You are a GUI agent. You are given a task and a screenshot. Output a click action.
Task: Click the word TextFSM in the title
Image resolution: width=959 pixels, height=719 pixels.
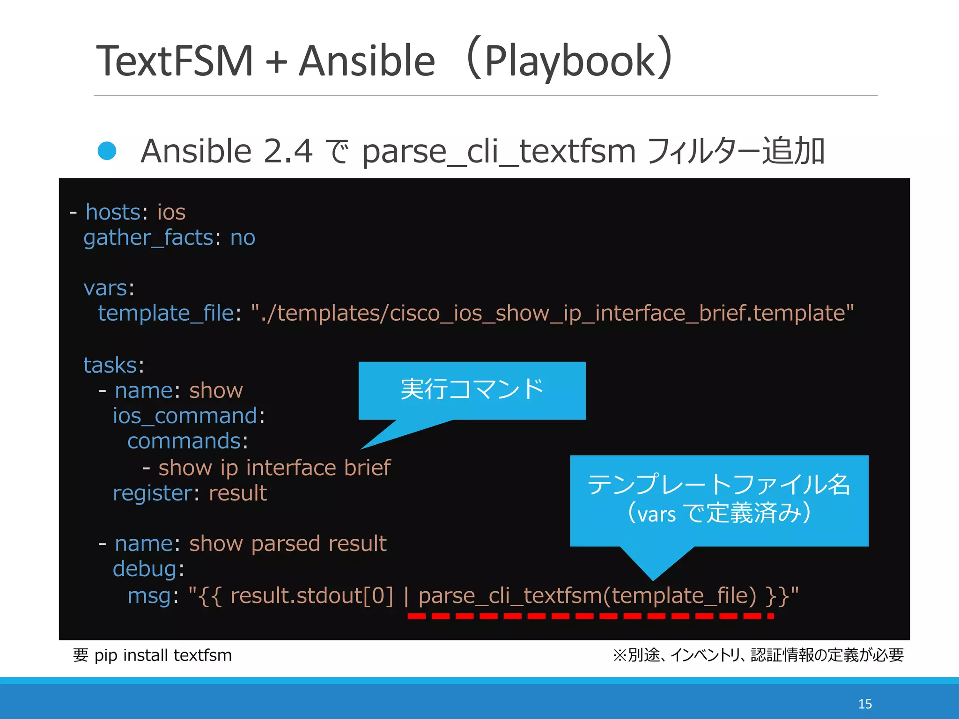click(x=174, y=61)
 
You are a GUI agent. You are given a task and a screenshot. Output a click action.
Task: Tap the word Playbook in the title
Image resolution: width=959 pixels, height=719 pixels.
click(x=569, y=61)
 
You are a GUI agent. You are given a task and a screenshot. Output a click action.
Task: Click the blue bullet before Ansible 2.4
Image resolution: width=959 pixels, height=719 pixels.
click(x=107, y=151)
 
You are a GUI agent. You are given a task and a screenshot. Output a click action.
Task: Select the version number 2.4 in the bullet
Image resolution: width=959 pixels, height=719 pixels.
click(x=288, y=151)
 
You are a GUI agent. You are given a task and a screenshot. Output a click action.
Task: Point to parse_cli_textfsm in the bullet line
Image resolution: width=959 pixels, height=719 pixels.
click(x=498, y=152)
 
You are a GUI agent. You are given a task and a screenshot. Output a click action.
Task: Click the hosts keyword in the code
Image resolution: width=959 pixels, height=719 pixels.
click(x=113, y=213)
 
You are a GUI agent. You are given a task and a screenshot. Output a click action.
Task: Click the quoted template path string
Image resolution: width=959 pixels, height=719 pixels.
click(x=552, y=313)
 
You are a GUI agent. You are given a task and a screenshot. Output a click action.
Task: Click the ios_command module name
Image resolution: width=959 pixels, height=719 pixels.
click(x=184, y=416)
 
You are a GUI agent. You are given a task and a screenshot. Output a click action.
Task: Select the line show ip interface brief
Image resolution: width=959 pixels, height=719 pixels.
click(x=274, y=468)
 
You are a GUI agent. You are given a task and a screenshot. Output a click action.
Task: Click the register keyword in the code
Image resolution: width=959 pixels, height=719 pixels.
click(x=152, y=493)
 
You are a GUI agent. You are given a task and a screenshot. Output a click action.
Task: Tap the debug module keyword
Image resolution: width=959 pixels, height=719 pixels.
click(x=145, y=569)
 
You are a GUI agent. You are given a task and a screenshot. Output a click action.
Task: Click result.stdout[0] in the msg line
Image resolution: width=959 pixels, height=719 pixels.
click(x=311, y=596)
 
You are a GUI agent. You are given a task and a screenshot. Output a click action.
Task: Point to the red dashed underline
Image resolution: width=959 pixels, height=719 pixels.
click(x=590, y=616)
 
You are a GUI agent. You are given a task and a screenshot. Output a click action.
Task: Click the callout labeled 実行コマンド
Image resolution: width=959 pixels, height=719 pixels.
click(x=472, y=390)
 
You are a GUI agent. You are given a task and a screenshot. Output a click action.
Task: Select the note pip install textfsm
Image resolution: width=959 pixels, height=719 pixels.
click(x=162, y=655)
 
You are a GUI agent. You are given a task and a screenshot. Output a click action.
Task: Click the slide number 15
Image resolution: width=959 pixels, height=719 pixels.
click(x=864, y=704)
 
